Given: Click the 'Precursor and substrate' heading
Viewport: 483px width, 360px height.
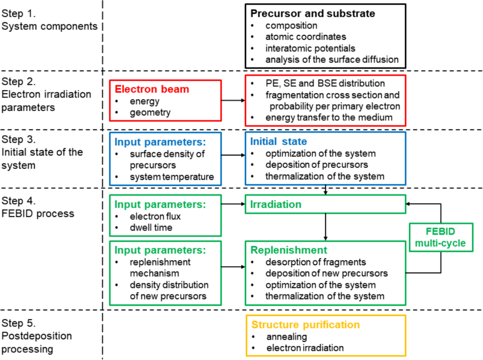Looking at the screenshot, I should pyautogui.click(x=312, y=14).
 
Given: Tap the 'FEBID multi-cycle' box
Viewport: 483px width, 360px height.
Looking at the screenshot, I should pyautogui.click(x=440, y=237).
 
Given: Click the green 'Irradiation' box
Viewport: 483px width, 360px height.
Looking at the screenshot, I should pyautogui.click(x=325, y=204).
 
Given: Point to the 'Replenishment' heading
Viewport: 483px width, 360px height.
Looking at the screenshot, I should pyautogui.click(x=289, y=250).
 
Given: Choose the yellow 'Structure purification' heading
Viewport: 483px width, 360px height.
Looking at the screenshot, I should pyautogui.click(x=305, y=325).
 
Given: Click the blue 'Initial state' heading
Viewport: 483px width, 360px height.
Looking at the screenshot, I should pyautogui.click(x=278, y=141).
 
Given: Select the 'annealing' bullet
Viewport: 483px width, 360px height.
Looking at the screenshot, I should pyautogui.click(x=286, y=337).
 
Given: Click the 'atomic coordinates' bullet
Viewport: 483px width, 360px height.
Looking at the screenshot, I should pyautogui.click(x=305, y=37).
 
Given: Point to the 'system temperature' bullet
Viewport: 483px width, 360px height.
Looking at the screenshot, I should pyautogui.click(x=172, y=177).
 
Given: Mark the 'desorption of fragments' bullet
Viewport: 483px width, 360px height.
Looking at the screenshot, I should pyautogui.click(x=316, y=262).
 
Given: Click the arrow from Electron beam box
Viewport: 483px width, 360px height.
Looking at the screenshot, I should pyautogui.click(x=233, y=100).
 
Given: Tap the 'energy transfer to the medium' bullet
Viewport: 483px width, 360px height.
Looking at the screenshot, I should pyautogui.click(x=329, y=117).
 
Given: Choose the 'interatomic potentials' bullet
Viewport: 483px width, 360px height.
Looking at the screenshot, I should pyautogui.click(x=310, y=48).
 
